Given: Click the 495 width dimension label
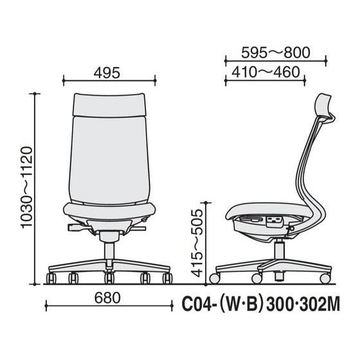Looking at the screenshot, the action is click(x=107, y=73).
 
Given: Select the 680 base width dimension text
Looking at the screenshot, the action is click(x=107, y=298).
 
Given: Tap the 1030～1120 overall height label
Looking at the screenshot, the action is click(x=26, y=187).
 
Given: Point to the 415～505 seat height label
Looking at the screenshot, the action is click(x=197, y=243).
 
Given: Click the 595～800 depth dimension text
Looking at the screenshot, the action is click(x=276, y=53).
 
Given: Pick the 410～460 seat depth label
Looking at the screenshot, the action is click(x=265, y=72).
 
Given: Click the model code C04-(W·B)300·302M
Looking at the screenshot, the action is click(x=260, y=304).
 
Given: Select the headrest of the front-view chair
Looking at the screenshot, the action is click(x=109, y=105).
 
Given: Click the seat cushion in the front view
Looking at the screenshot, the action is click(x=109, y=212).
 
